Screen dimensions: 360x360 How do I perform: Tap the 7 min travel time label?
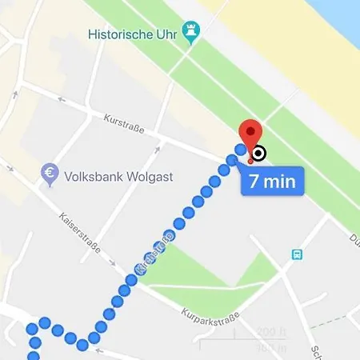[272, 180]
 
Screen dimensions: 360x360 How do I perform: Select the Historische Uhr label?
[134, 34]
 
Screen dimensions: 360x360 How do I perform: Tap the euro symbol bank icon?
[50, 174]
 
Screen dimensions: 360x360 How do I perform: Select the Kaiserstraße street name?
[81, 233]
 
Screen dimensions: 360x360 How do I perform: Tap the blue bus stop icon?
[297, 255]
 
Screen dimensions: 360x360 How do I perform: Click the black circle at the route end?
[259, 154]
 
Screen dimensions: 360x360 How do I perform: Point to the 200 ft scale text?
[271, 334]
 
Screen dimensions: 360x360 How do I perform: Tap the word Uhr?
[166, 34]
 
